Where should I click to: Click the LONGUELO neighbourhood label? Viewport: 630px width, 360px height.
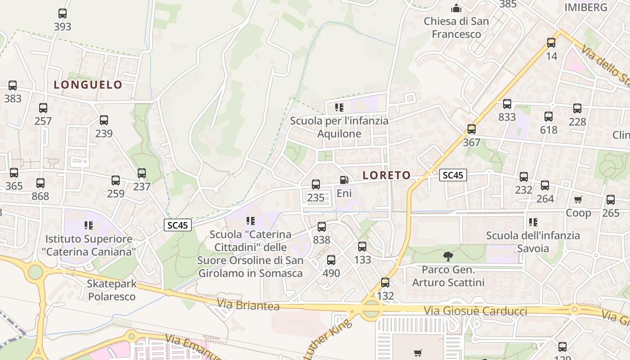[x=88, y=85]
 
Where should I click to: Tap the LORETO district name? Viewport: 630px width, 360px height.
[x=387, y=175]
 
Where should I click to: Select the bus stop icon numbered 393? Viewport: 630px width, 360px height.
[x=63, y=13]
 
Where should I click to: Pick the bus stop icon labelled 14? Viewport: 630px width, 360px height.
[x=551, y=43]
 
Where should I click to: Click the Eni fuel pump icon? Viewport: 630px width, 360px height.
[x=344, y=180]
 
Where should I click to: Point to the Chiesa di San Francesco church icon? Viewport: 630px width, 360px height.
[x=456, y=8]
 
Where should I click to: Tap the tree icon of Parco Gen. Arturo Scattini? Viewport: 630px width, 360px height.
[x=448, y=256]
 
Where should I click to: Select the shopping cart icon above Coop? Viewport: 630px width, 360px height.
[x=578, y=199]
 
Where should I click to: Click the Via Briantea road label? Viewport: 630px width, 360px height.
[x=248, y=305]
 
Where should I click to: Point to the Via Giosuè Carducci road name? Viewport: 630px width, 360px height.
[x=475, y=311]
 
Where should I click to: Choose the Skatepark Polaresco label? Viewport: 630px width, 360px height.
[x=112, y=290]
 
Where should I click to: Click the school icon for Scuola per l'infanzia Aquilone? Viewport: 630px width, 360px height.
[x=339, y=108]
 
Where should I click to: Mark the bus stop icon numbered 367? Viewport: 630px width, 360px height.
[x=472, y=129]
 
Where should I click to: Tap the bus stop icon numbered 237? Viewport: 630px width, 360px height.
[x=142, y=173]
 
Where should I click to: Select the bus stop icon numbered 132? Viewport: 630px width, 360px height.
[x=385, y=283]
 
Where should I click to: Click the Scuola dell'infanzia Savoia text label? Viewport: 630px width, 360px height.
[x=533, y=242]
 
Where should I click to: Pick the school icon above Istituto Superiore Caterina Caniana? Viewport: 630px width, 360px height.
[x=88, y=225]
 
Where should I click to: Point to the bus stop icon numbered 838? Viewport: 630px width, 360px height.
[x=322, y=227]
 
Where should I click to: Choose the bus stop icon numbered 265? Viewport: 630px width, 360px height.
[x=611, y=200]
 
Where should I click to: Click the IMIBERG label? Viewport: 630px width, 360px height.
[x=585, y=7]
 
